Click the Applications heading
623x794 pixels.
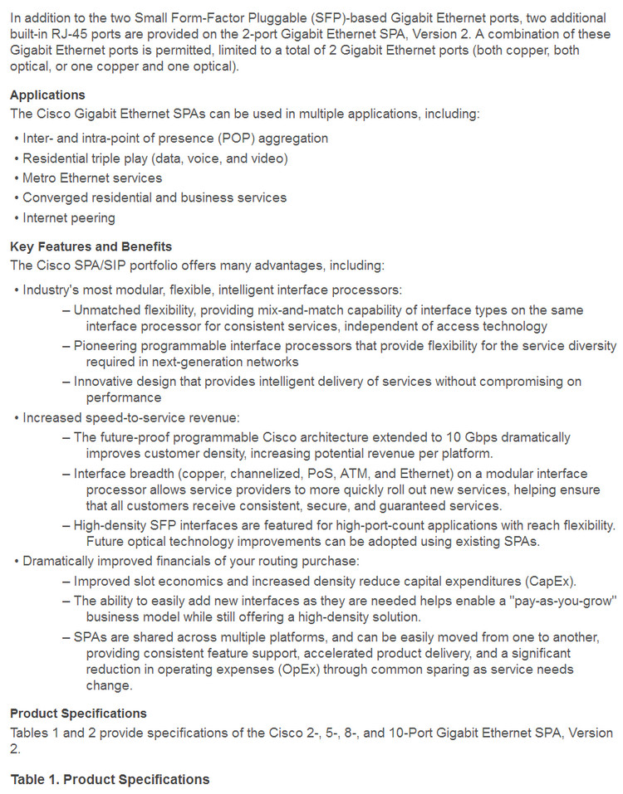tap(47, 95)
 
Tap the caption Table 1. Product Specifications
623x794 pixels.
tap(110, 779)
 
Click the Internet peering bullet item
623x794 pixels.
tap(69, 217)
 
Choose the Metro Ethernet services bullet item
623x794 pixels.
tap(92, 178)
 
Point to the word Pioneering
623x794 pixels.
tap(106, 345)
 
